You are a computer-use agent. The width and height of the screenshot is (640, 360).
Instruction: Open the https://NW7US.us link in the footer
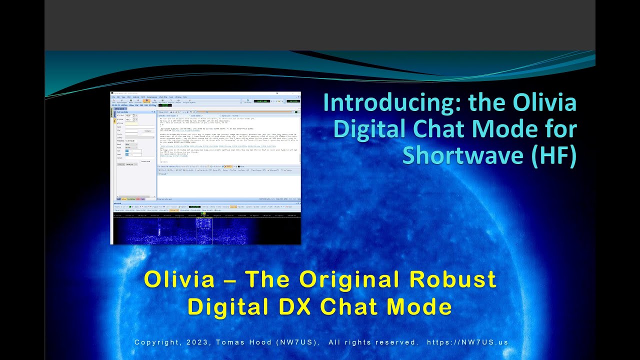click(468, 342)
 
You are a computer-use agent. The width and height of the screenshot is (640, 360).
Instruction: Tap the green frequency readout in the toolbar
click(164, 105)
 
